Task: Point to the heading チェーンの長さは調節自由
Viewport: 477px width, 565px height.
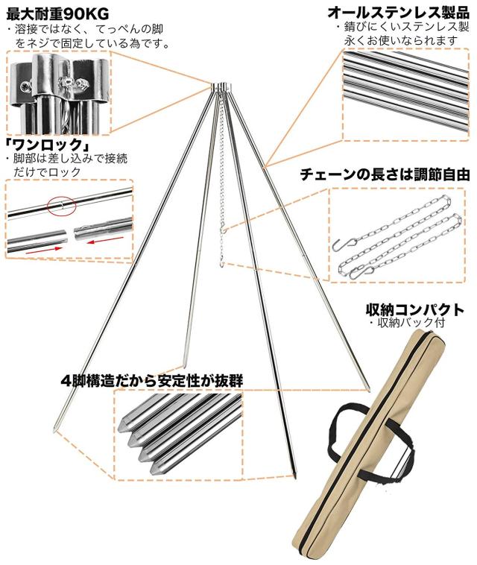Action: pos(385,175)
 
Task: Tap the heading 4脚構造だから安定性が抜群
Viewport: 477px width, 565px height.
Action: pos(152,380)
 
